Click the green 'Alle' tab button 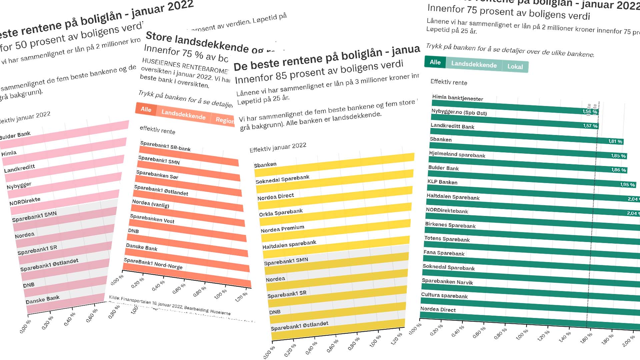[x=435, y=62]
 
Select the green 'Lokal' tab [x=515, y=67]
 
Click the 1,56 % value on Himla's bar [x=590, y=112]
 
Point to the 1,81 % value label [x=615, y=141]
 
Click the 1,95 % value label [x=627, y=185]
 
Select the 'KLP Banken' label [x=442, y=182]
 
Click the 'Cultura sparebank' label [x=444, y=296]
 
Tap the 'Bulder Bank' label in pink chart [x=15, y=135]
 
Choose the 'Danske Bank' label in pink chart [x=43, y=299]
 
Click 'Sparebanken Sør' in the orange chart [x=157, y=175]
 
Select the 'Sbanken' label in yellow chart [x=265, y=165]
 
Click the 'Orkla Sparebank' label [x=281, y=212]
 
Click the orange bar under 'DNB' [x=187, y=237]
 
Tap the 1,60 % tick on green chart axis [x=586, y=338]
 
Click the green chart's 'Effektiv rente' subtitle [x=449, y=82]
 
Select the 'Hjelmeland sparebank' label [x=457, y=155]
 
